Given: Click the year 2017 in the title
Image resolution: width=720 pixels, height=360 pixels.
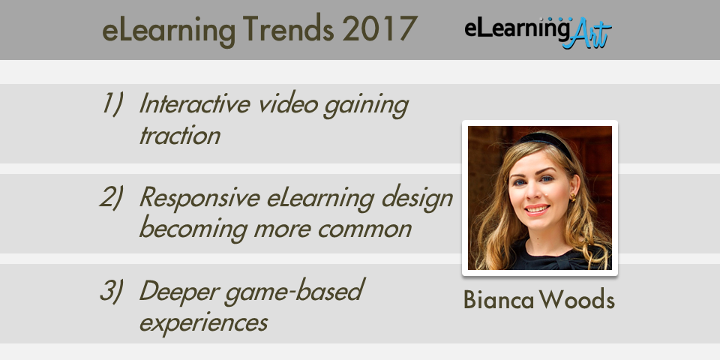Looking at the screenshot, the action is click(379, 29).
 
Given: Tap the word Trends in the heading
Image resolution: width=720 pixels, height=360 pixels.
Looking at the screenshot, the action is click(288, 29).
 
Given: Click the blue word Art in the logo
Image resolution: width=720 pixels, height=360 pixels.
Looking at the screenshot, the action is click(586, 34).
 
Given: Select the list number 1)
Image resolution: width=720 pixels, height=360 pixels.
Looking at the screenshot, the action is click(112, 103).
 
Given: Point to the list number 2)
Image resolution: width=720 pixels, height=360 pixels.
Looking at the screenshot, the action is click(112, 197).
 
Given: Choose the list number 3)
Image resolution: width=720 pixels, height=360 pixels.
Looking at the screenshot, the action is click(112, 291).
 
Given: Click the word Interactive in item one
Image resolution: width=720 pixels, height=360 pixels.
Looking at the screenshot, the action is click(195, 103).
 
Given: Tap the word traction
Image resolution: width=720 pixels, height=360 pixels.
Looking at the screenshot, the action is click(179, 136).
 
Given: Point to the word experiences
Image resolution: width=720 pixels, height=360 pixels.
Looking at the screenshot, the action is click(203, 323).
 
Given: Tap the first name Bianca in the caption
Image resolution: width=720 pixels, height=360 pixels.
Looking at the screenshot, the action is click(499, 300).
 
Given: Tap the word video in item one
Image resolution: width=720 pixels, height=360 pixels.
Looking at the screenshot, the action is click(287, 103).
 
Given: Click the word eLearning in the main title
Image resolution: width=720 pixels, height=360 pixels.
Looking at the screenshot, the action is click(169, 30).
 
